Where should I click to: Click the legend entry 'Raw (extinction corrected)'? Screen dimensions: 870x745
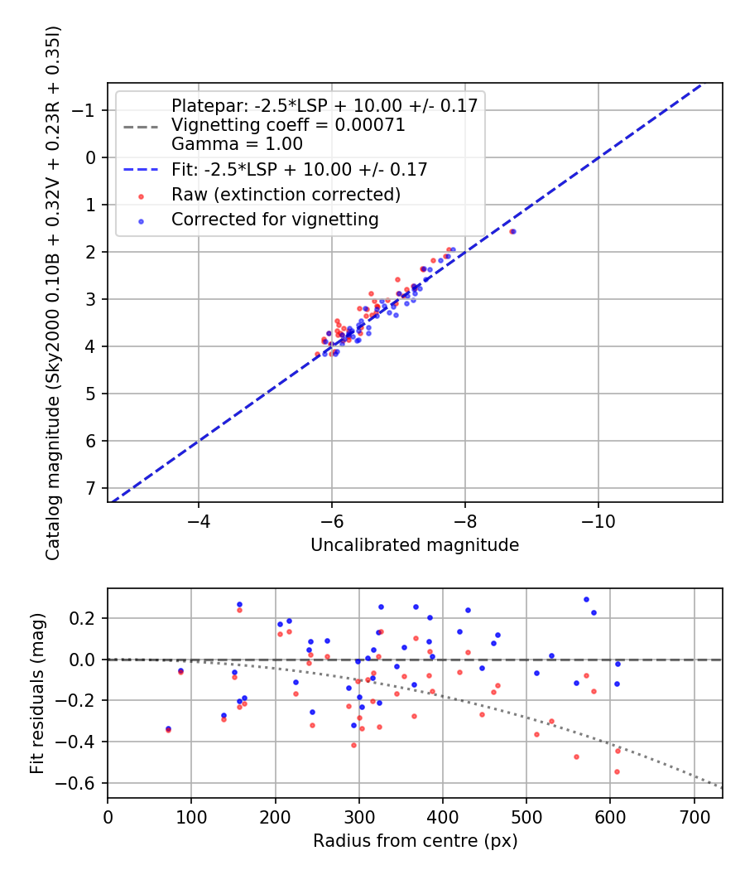click(x=286, y=195)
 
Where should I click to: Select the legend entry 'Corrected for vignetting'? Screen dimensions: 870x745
click(x=275, y=220)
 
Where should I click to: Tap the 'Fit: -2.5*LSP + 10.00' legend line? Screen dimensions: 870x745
click(x=299, y=170)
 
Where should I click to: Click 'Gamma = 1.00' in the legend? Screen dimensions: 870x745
click(x=237, y=143)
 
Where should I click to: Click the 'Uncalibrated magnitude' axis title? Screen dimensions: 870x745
click(x=415, y=545)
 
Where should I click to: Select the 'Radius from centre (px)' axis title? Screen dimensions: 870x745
click(x=415, y=841)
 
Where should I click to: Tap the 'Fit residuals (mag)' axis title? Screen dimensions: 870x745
click(x=36, y=694)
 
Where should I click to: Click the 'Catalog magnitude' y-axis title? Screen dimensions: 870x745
click(x=53, y=292)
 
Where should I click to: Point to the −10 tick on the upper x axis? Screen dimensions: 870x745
click(x=598, y=523)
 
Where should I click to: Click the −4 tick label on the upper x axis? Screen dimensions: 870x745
click(x=199, y=523)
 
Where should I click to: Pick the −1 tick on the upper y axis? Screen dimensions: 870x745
click(x=87, y=110)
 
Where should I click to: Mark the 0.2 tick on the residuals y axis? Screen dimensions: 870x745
click(x=87, y=618)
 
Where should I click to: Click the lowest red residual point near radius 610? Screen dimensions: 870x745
click(x=617, y=771)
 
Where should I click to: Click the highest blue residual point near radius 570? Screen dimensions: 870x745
click(x=586, y=599)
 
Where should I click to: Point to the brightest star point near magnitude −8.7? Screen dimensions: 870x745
click(x=512, y=231)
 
